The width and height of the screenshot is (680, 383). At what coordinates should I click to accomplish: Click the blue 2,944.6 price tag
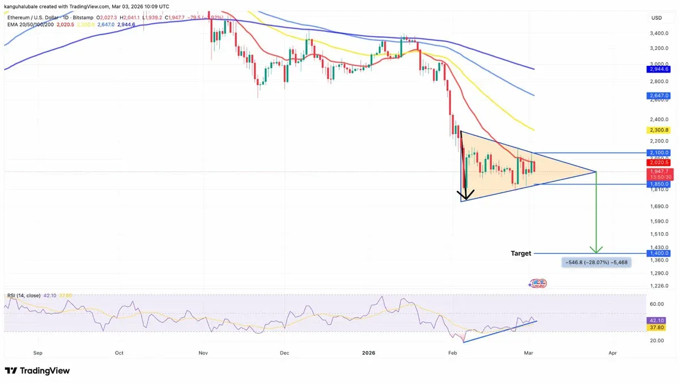click(659, 69)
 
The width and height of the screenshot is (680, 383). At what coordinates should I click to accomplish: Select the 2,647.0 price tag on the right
click(659, 96)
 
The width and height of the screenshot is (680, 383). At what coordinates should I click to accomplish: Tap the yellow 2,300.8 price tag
click(659, 130)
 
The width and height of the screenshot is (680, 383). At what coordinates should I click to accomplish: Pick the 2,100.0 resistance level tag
click(659, 153)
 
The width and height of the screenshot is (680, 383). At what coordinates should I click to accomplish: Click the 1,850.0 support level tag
click(659, 184)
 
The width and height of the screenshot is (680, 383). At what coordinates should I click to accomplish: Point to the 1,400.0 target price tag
click(659, 253)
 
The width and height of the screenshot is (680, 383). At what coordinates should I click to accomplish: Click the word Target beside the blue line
click(521, 254)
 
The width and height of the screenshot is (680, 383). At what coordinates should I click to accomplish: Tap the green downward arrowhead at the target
click(596, 250)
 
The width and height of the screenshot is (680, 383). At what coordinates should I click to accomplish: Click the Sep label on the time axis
click(38, 352)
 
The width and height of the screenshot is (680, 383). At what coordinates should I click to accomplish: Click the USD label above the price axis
click(657, 18)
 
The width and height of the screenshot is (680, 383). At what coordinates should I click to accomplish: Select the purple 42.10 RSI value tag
click(659, 320)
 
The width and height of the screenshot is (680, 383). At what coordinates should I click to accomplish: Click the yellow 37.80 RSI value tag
click(659, 327)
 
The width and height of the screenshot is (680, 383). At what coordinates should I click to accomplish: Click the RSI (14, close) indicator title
click(23, 296)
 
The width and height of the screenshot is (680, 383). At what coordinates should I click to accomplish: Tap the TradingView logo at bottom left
click(37, 371)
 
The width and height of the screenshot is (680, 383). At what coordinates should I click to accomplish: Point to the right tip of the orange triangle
click(596, 171)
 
